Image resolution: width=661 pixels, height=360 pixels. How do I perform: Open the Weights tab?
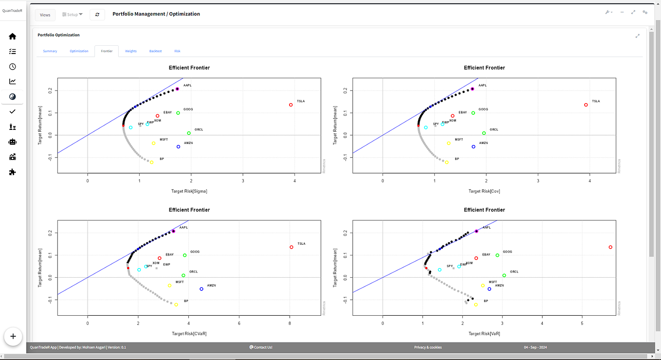tap(131, 51)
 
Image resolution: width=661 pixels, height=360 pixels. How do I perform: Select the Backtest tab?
tap(156, 51)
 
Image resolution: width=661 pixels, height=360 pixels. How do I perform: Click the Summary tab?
tap(50, 51)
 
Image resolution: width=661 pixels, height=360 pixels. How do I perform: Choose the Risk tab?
tap(177, 51)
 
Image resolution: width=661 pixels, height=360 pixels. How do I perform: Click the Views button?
tap(45, 15)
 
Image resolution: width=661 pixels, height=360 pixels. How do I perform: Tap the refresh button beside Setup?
tap(97, 15)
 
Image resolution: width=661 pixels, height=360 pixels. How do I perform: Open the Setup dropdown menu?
tap(73, 15)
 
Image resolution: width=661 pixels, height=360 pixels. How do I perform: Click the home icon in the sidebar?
tap(13, 36)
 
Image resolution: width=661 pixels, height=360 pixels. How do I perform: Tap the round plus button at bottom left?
tap(13, 336)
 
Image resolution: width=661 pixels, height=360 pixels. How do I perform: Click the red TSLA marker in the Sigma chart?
tap(291, 105)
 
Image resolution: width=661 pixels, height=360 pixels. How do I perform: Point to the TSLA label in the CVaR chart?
tap(301, 244)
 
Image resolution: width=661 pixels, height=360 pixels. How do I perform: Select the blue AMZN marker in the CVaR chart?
tap(202, 289)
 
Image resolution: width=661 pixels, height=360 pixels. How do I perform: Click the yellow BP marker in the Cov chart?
tap(447, 162)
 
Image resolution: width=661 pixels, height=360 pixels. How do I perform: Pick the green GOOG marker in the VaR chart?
tap(497, 255)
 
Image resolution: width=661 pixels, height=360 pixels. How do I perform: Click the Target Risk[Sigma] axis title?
tap(189, 191)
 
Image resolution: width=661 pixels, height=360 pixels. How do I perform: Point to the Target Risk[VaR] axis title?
tap(484, 334)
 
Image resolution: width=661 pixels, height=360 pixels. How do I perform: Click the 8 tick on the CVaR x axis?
tap(290, 323)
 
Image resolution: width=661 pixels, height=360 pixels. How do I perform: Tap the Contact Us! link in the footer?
tap(261, 347)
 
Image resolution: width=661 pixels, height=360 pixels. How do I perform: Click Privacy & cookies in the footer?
tap(428, 347)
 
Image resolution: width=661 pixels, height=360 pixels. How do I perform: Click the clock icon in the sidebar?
tap(13, 67)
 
